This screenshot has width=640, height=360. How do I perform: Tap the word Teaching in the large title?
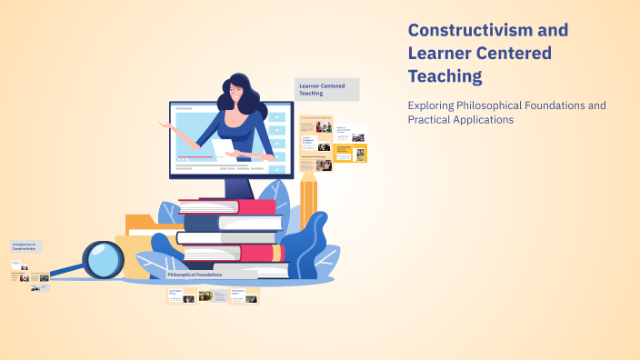click(445, 76)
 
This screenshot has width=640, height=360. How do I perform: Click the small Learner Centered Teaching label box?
click(327, 89)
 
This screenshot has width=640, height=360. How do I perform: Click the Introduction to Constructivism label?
click(25, 246)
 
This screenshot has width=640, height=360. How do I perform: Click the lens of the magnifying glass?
click(104, 260)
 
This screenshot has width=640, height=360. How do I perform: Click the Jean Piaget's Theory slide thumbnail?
click(182, 295)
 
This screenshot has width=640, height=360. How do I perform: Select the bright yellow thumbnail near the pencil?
click(343, 153)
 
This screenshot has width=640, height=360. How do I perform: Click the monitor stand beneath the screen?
click(238, 187)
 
